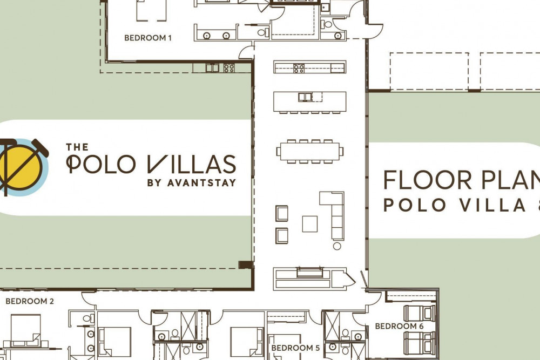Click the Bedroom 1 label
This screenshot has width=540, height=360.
(148, 38)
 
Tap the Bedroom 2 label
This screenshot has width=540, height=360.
(30, 301)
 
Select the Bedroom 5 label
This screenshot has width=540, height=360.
(295, 348)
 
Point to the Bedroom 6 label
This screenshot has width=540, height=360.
(399, 326)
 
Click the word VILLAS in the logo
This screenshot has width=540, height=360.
(192, 164)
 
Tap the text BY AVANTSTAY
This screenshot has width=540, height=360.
(192, 183)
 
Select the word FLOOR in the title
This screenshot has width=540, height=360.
(428, 180)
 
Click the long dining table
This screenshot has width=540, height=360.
(310, 152)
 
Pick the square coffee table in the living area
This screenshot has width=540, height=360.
(310, 223)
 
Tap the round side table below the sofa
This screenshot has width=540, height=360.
(337, 246)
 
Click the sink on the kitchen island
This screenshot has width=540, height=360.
(305, 97)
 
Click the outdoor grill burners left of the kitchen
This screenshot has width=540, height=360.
(229, 68)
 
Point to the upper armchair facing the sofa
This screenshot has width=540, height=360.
(282, 213)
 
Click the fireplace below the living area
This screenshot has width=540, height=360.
(310, 272)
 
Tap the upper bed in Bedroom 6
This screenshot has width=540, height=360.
(420, 313)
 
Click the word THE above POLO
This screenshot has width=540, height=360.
(77, 147)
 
